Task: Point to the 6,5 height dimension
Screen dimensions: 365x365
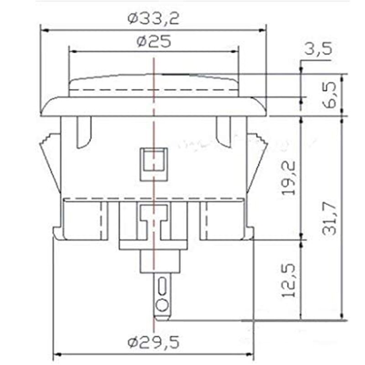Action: [x=331, y=94]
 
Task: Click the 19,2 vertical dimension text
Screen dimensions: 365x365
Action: [x=288, y=177]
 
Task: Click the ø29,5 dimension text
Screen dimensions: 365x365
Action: [x=153, y=341]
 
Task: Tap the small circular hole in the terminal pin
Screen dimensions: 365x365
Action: [x=161, y=305]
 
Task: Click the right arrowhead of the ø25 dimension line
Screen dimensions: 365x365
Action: [x=236, y=51]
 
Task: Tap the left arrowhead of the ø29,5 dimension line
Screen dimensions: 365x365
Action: [x=57, y=354]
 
